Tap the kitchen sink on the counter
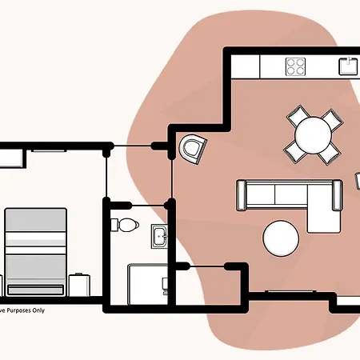[347, 66]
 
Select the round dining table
[311, 136]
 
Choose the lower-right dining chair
[328, 153]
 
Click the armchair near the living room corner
[194, 148]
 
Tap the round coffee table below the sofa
[282, 238]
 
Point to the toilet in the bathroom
[125, 224]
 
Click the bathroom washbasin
[159, 237]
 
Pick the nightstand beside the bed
[79, 285]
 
